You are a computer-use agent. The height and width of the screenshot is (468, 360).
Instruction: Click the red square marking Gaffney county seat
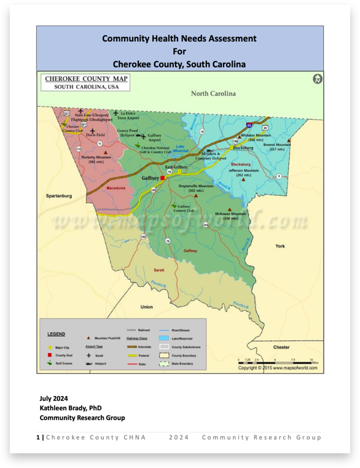163,178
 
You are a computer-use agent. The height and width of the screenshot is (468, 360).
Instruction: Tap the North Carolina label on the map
213,93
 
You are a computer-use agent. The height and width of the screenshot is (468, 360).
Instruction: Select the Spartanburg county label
59,196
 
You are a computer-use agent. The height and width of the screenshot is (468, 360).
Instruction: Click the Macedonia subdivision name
117,188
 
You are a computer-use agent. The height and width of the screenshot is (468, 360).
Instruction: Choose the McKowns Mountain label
230,216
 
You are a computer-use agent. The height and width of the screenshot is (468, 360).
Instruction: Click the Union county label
146,306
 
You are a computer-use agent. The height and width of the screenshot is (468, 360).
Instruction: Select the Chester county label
281,347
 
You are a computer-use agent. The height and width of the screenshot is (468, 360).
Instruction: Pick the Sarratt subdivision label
158,270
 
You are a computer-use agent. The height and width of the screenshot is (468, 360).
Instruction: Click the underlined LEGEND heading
57,334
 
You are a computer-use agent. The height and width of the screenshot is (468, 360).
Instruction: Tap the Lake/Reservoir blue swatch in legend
163,338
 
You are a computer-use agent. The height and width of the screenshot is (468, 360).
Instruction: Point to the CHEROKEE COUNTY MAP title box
85,82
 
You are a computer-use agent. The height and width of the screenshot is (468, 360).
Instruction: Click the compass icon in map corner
317,79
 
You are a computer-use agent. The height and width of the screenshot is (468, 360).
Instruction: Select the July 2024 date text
53,398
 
